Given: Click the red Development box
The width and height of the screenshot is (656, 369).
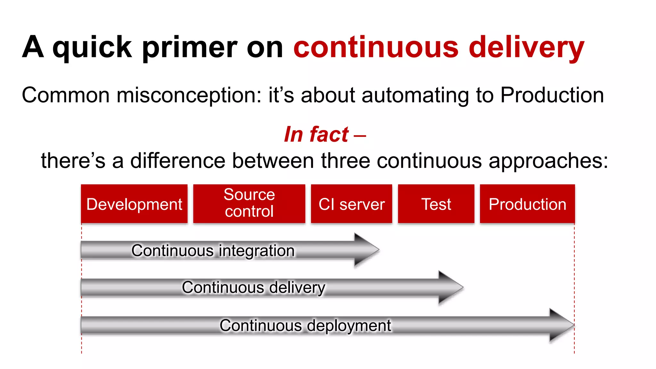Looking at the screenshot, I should click(134, 204).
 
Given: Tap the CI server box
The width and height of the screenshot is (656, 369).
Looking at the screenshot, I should click(351, 204).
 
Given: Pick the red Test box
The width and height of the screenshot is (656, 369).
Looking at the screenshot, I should click(436, 204).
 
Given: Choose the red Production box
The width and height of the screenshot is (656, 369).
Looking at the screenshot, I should click(527, 204).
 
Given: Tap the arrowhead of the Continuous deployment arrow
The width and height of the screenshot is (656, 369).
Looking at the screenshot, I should click(561, 325).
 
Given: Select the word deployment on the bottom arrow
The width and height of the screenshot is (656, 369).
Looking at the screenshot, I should click(349, 326).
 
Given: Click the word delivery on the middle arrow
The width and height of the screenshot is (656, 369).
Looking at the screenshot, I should click(297, 288).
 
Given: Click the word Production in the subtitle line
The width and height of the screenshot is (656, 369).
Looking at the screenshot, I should click(552, 95).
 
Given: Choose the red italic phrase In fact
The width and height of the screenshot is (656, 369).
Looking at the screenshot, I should click(316, 134).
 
